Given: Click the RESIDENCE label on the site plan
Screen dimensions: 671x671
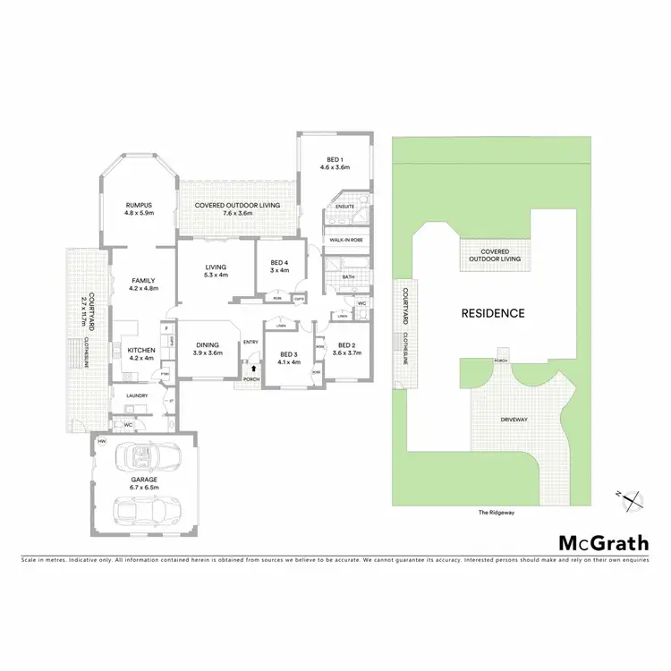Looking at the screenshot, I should (493, 313).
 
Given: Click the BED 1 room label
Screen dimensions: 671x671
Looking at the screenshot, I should (334, 163).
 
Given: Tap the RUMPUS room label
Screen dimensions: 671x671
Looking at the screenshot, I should (140, 208).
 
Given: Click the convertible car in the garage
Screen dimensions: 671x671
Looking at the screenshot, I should (144, 459).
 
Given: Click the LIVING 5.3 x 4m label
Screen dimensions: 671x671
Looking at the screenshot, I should (216, 270).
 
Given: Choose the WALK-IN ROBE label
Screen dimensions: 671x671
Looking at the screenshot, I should (344, 240).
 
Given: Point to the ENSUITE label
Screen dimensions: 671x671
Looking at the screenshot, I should (345, 207).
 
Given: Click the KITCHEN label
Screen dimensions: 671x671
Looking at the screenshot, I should (142, 353).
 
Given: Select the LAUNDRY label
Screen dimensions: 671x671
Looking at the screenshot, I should (137, 395).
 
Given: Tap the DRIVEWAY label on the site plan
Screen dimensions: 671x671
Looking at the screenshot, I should (514, 418).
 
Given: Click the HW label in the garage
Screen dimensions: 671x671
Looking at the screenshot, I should (102, 442).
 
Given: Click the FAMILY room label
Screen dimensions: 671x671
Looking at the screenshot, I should (143, 284).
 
